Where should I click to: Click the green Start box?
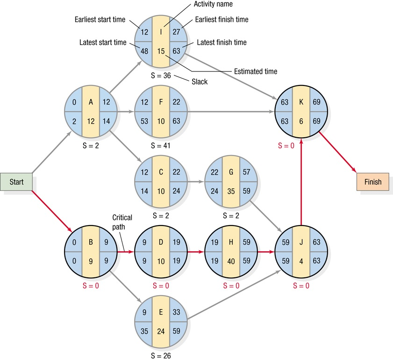[x=16, y=182]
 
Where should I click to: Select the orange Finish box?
[x=372, y=182]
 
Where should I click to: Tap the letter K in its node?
[x=301, y=102]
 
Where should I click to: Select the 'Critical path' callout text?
[x=122, y=222]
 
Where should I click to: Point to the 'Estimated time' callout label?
[x=255, y=71]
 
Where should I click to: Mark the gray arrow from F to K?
[x=229, y=112]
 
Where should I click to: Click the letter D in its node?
[x=161, y=242]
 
